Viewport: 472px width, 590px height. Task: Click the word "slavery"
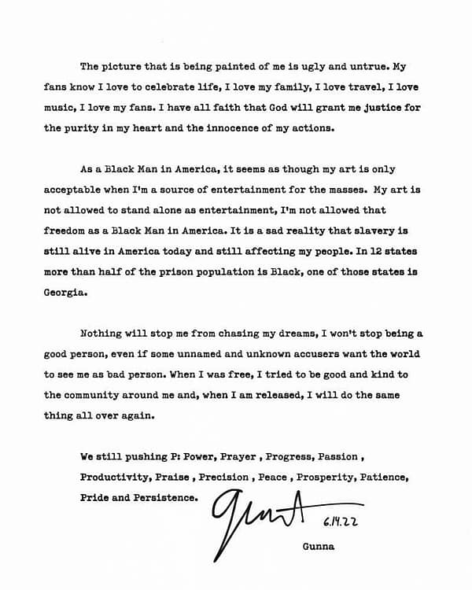click(367, 230)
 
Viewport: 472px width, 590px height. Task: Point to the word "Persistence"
click(168, 497)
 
